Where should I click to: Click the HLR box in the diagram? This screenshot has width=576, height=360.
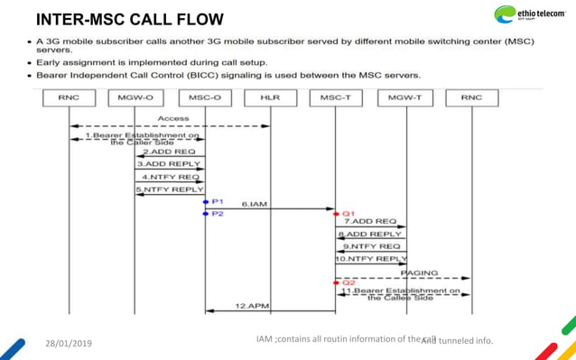click(x=270, y=97)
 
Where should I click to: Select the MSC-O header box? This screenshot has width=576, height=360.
click(x=205, y=97)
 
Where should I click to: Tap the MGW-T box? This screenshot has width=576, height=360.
click(x=404, y=97)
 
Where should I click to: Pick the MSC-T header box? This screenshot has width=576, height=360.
click(x=336, y=97)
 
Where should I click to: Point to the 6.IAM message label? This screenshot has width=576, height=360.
click(x=255, y=206)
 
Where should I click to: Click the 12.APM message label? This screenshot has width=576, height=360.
click(x=253, y=306)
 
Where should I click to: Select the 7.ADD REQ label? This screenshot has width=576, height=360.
click(x=373, y=221)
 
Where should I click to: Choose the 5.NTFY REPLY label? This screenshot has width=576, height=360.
click(x=170, y=190)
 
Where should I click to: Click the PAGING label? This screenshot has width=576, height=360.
click(x=419, y=272)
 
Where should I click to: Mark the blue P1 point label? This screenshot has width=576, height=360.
click(x=217, y=201)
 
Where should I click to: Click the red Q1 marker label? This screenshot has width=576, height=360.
click(x=348, y=213)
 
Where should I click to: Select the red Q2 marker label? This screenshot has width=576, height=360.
click(x=348, y=282)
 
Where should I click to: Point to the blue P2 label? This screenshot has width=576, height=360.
click(x=217, y=213)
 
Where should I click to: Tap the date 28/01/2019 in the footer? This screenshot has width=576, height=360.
click(x=68, y=343)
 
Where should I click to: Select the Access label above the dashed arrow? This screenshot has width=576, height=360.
click(x=172, y=118)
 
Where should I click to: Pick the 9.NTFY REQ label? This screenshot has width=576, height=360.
click(x=373, y=245)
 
